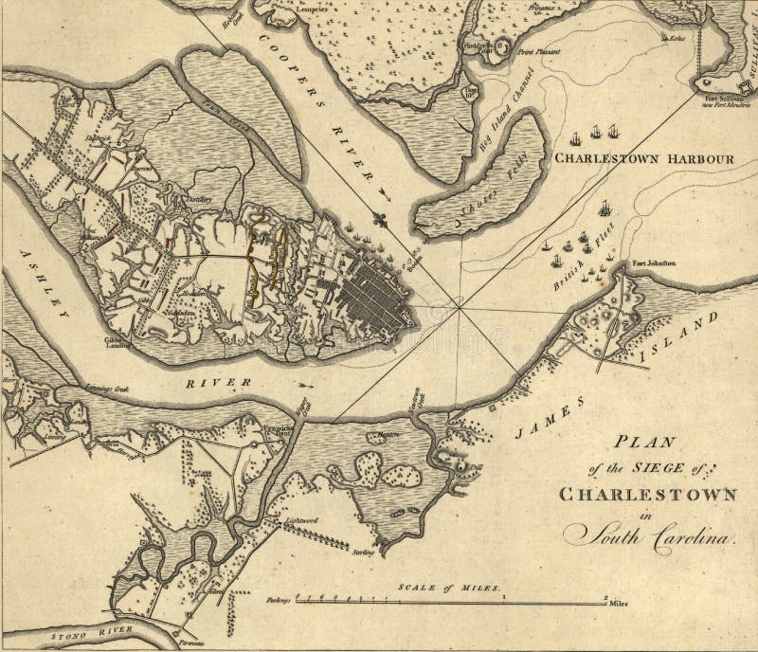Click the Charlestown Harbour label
(642, 158)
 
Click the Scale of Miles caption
(446, 586)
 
